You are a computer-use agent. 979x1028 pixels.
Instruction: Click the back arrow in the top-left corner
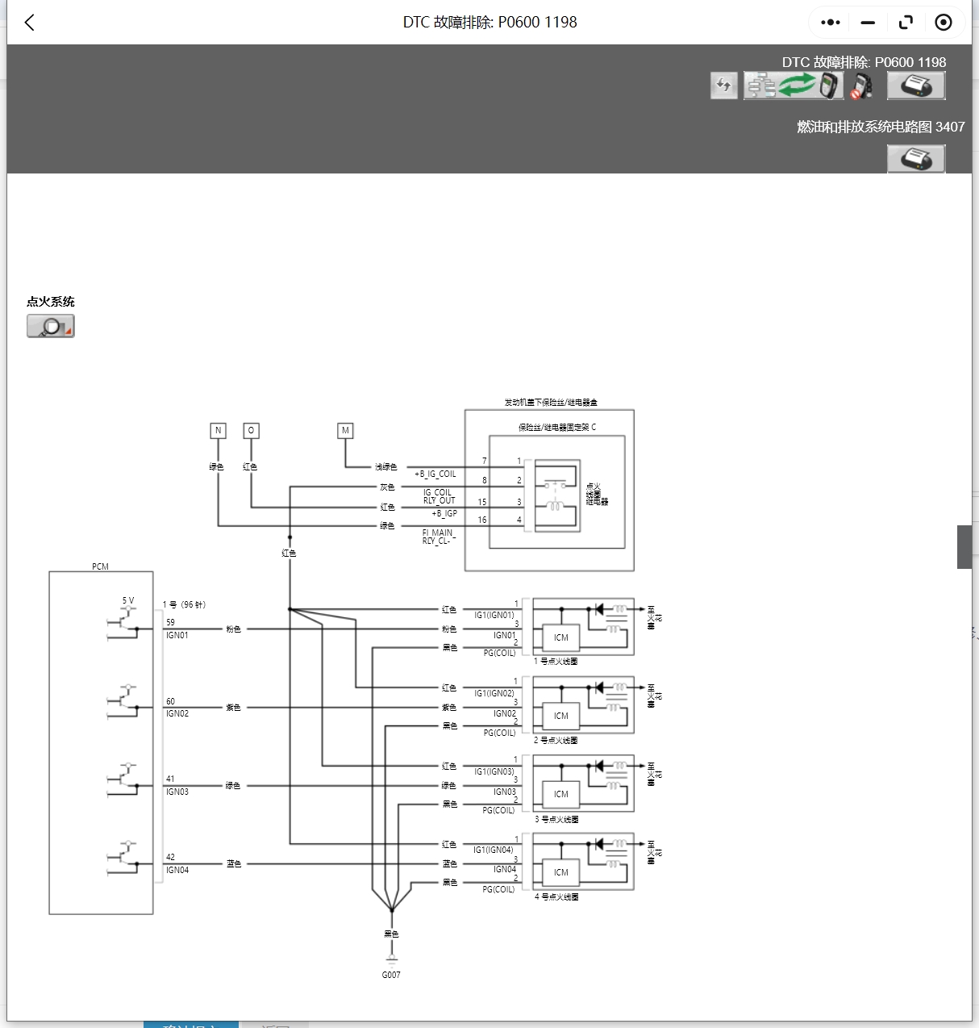click(x=30, y=23)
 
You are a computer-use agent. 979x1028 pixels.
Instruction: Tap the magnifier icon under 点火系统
click(x=51, y=326)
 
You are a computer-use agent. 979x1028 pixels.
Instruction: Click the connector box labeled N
click(x=218, y=431)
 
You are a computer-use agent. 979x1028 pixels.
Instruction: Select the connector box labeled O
click(x=251, y=431)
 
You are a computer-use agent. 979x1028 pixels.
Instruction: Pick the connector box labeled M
click(x=345, y=431)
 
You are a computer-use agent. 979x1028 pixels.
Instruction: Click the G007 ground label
click(x=391, y=975)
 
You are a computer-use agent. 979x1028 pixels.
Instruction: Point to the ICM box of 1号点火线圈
click(x=561, y=637)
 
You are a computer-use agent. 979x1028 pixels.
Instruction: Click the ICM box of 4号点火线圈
click(x=561, y=872)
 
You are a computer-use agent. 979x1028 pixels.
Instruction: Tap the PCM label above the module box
click(x=100, y=566)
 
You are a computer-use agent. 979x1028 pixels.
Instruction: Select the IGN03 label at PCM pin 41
click(x=177, y=792)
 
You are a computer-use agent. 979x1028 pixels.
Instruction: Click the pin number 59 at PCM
click(x=170, y=622)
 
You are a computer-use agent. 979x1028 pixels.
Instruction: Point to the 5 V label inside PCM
click(x=128, y=600)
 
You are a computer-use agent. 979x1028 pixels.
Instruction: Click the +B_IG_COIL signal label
click(x=435, y=474)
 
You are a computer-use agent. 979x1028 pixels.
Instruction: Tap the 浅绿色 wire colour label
click(x=385, y=467)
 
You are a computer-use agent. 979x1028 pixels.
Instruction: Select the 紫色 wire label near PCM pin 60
click(x=233, y=708)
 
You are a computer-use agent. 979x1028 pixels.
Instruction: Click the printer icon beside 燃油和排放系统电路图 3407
click(x=915, y=159)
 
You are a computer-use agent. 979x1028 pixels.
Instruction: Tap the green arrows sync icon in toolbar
click(x=797, y=85)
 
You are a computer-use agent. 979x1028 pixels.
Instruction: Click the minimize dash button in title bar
click(x=868, y=23)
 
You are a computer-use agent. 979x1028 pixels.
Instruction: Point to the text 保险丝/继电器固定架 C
click(x=556, y=428)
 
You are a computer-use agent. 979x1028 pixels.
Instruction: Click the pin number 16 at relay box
click(x=482, y=520)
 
